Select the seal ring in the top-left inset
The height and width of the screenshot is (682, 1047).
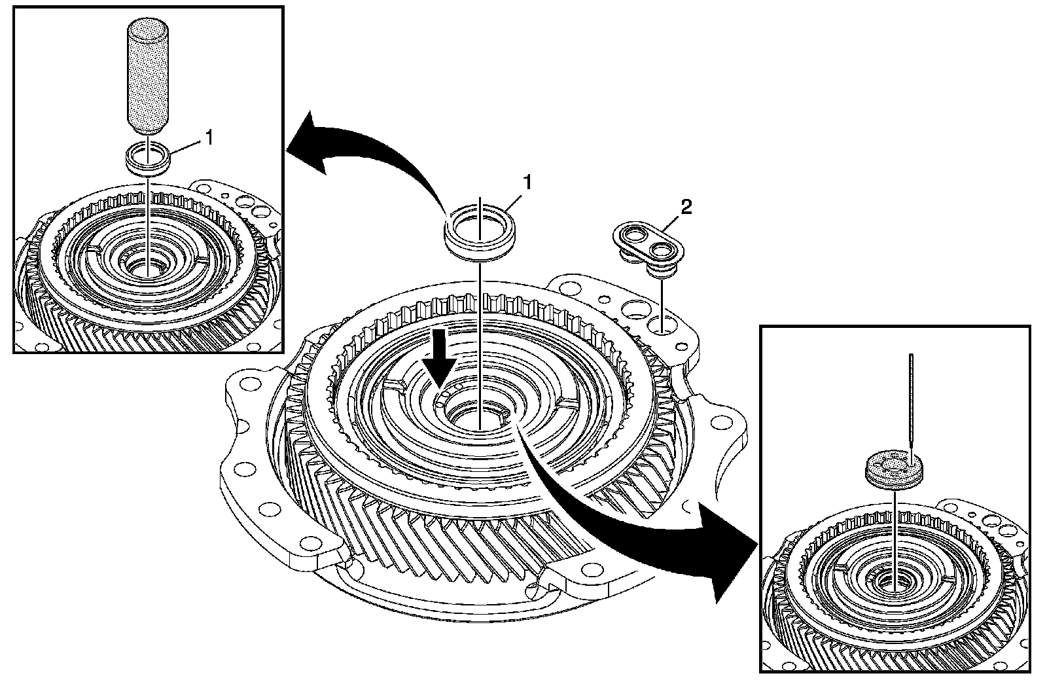(148, 159)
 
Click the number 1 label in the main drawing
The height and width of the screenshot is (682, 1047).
(527, 183)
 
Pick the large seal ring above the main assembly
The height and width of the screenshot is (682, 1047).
(480, 229)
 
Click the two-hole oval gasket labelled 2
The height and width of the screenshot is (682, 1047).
(648, 242)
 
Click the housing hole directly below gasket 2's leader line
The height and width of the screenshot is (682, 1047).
(662, 324)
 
